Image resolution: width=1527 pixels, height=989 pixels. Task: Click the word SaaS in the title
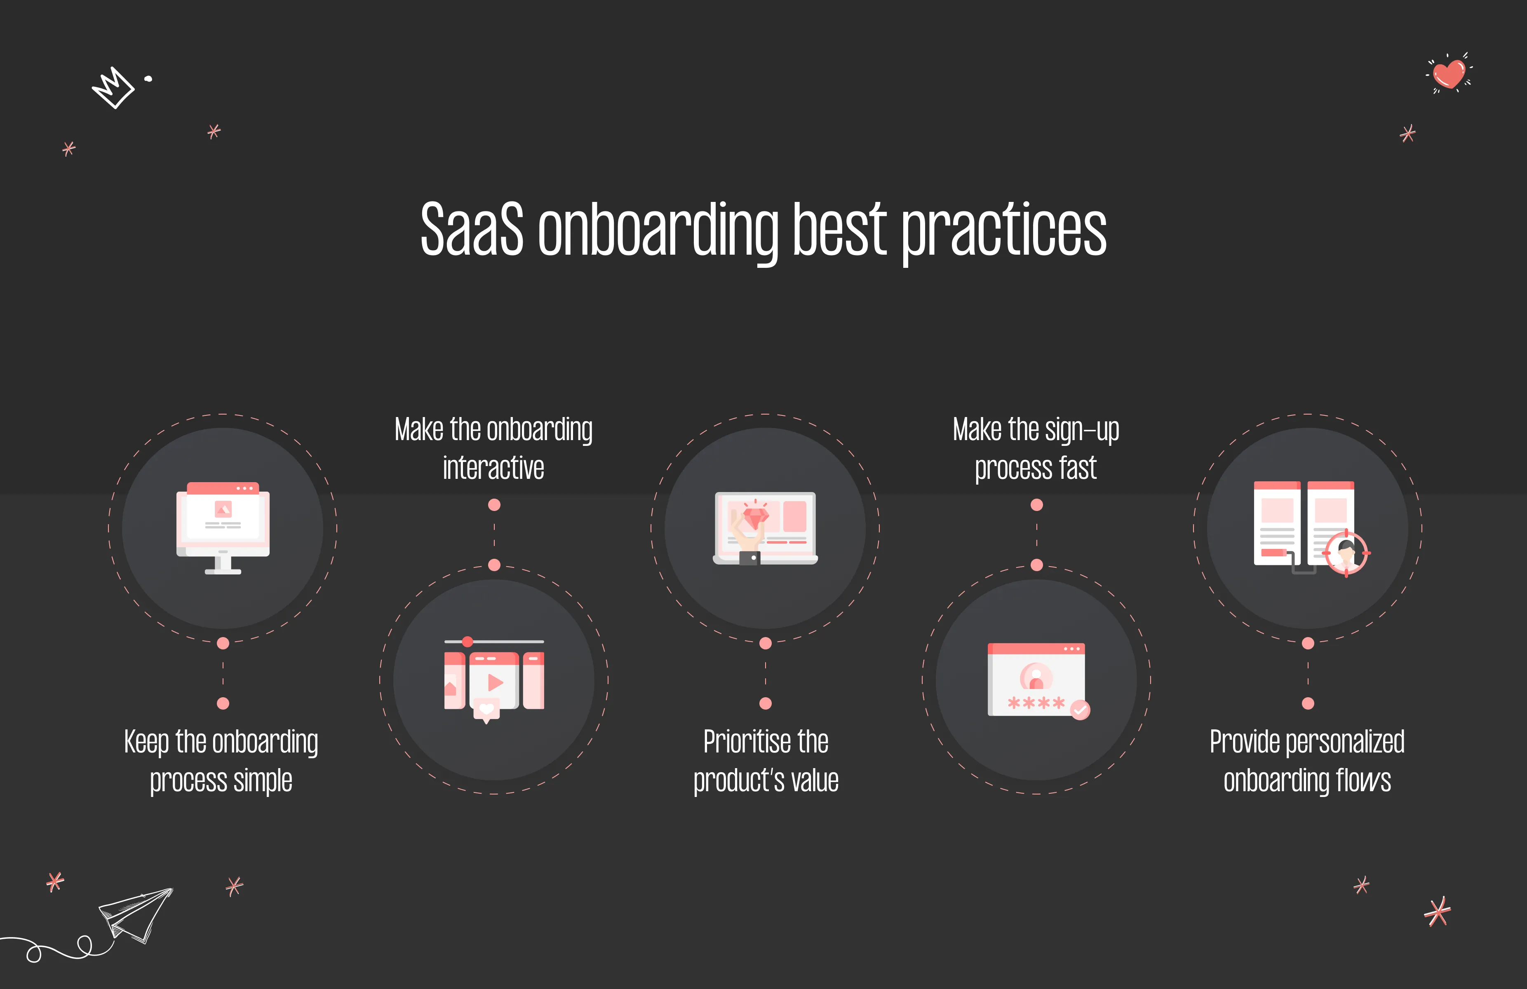coord(472,230)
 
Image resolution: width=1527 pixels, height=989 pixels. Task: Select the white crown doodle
coord(113,88)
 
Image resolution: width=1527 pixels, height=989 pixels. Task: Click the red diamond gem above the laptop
coord(756,516)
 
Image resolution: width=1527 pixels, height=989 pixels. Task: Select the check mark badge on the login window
coord(1081,710)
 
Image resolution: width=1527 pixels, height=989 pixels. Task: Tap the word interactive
coord(493,468)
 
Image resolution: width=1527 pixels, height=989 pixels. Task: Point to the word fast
coord(1078,468)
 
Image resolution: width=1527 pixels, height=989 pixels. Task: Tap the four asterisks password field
coord(1036,703)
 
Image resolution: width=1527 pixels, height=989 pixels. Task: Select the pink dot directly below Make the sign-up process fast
coord(1036,505)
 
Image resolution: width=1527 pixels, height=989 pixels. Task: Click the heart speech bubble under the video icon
coord(486,709)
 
